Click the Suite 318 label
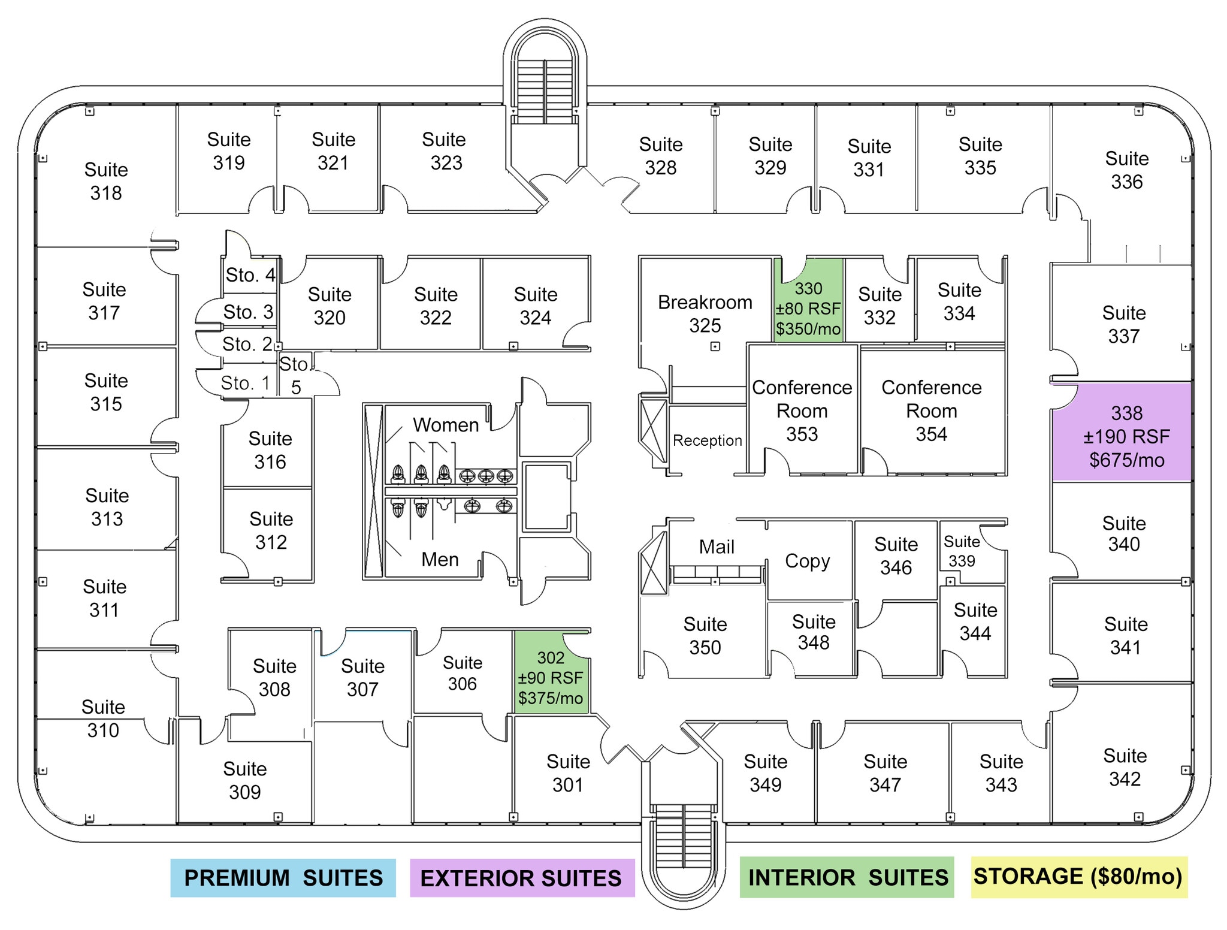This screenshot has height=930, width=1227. click(106, 181)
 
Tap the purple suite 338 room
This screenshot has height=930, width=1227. click(1122, 432)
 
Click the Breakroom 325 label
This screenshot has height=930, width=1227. click(705, 313)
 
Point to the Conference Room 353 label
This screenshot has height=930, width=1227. click(802, 410)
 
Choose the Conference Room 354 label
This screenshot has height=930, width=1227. click(932, 410)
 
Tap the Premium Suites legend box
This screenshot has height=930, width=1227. click(283, 878)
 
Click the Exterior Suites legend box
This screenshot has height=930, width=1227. click(522, 878)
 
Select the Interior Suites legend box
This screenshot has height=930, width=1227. click(847, 877)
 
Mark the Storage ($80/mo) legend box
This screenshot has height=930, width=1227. click(1079, 877)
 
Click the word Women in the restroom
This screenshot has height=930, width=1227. click(446, 425)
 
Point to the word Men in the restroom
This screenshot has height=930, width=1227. click(440, 559)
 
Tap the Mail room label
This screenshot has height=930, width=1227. click(717, 546)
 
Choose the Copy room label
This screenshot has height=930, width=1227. click(808, 561)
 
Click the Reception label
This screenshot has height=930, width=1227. click(708, 440)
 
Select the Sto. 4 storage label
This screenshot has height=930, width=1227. click(250, 275)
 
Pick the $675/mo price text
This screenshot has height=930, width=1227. click(1127, 460)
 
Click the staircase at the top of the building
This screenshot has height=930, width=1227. click(545, 90)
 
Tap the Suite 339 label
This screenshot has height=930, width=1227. click(962, 551)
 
